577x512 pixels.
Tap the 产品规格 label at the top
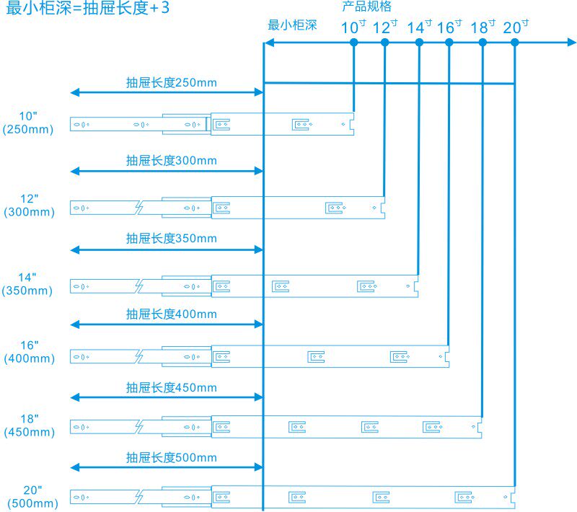point(366,7)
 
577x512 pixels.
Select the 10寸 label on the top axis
point(353,27)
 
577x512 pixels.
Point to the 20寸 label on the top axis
point(515,27)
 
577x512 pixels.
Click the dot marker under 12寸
point(384,43)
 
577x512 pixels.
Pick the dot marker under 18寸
point(483,43)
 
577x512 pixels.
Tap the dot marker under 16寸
point(449,43)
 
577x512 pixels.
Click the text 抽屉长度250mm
point(171,82)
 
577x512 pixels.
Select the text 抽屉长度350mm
point(171,238)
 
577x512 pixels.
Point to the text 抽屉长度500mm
point(171,457)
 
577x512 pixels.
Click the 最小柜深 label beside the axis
point(292,25)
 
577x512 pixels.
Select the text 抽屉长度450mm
point(171,387)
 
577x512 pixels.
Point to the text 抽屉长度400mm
point(171,314)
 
